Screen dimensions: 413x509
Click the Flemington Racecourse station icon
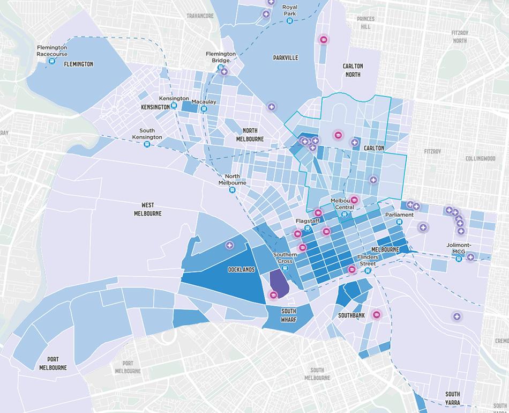[52, 61]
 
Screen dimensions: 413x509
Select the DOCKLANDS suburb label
[241, 269]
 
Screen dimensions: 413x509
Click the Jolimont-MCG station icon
[459, 259]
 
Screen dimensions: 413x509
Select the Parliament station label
[399, 215]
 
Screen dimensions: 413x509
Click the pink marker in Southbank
[376, 314]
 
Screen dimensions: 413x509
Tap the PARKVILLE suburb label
[285, 57]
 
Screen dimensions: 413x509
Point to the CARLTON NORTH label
[353, 70]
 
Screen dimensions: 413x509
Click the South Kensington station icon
[147, 144]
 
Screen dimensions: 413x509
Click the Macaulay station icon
[204, 109]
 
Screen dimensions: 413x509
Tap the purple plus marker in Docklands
[230, 245]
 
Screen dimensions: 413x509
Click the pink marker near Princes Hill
[323, 39]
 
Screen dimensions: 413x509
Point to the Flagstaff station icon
[308, 228]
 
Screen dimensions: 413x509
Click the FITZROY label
[432, 151]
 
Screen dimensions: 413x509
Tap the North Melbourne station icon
[232, 189]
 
